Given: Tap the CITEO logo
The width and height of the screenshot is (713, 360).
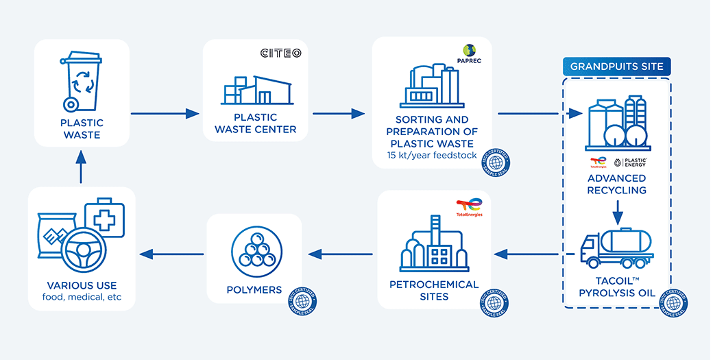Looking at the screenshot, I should [280, 53].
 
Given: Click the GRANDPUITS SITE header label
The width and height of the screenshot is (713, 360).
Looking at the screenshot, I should [616, 67].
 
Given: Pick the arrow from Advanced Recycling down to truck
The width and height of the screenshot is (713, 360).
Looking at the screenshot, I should [617, 212].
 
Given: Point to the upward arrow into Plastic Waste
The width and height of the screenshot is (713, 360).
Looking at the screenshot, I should [80, 168].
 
